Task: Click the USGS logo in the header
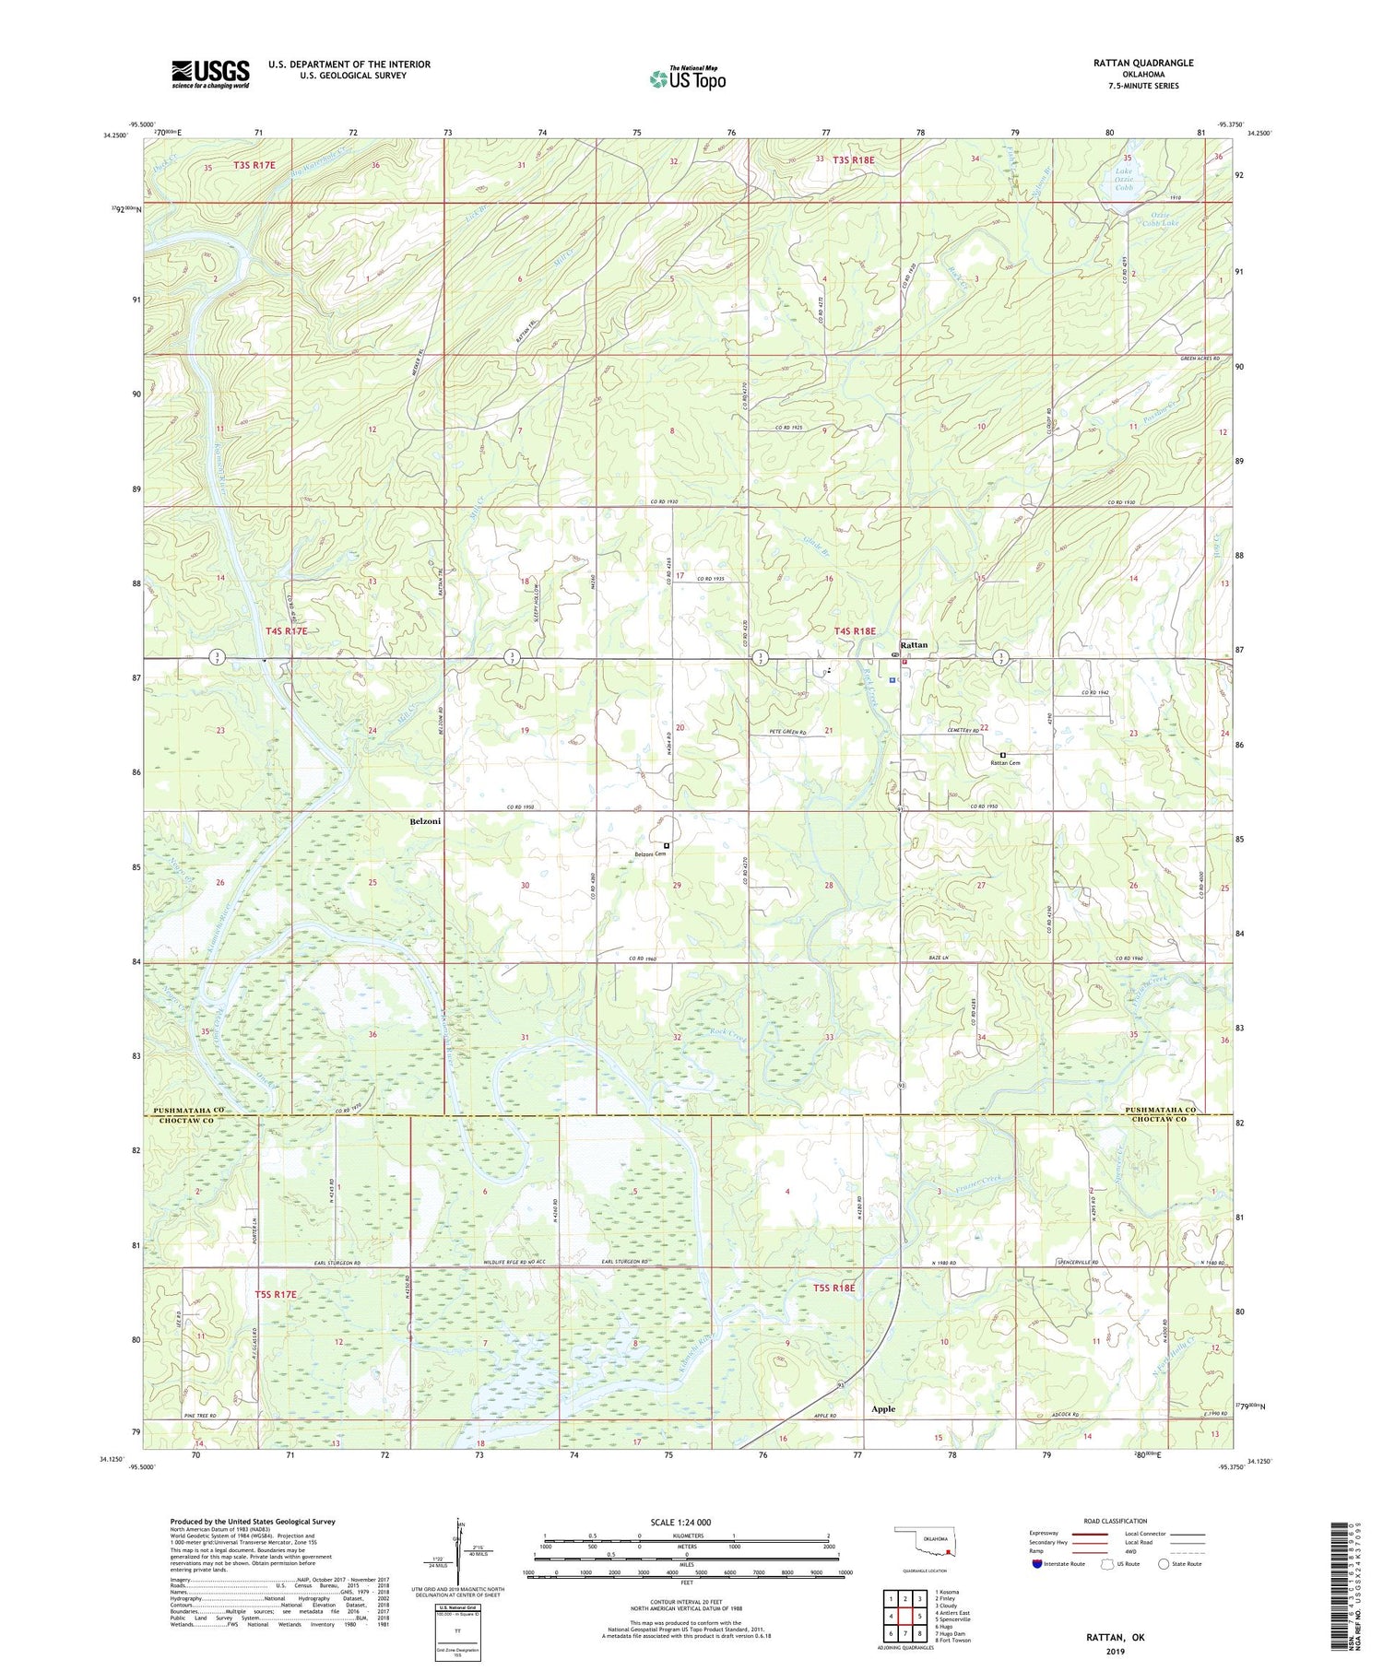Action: [x=210, y=74]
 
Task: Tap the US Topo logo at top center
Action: [x=686, y=78]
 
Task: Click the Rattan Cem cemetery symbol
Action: [x=1003, y=754]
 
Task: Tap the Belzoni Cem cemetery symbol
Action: [x=667, y=845]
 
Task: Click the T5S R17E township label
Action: [x=276, y=1294]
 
